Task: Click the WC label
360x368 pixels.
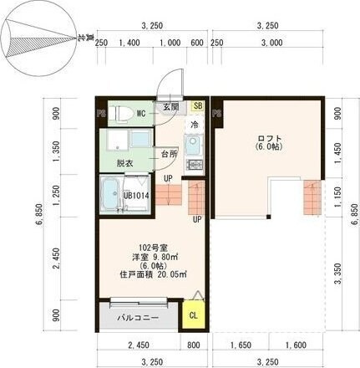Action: coord(141,113)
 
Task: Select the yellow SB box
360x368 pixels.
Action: coord(198,106)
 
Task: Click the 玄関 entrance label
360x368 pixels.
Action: coord(170,108)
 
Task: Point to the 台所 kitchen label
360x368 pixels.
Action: coord(169,155)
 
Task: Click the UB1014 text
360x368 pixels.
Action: coord(137,197)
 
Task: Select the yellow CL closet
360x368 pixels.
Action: coord(194,315)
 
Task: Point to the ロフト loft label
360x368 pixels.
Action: coord(270,138)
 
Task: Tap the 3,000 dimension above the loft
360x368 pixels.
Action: coord(271,43)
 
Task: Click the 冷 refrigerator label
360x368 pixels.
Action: coord(194,125)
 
